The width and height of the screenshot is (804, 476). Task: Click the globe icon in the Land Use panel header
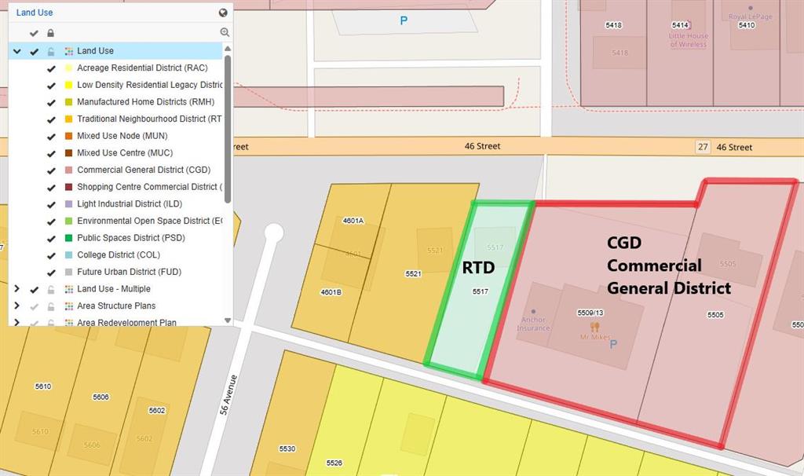pos(224,13)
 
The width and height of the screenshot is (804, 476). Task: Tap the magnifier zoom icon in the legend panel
pos(225,32)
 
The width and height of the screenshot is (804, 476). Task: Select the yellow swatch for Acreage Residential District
pos(68,68)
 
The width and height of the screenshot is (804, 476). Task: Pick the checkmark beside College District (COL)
pos(51,255)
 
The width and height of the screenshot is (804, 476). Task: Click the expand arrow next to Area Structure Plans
pos(16,306)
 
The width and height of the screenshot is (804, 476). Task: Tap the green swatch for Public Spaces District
pos(68,238)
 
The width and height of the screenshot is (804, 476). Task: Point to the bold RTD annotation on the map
pos(478,268)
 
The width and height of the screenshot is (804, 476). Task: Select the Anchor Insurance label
pos(533,324)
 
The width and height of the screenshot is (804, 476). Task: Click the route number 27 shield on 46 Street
pos(703,147)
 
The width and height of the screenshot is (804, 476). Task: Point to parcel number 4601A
pos(353,221)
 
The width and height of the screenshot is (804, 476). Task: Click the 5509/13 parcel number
pos(590,312)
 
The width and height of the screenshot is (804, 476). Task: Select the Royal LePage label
pos(750,16)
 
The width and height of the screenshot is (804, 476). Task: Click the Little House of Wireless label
pos(689,40)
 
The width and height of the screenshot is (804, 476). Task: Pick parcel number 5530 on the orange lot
pos(287,449)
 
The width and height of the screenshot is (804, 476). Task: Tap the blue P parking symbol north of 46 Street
pos(404,21)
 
